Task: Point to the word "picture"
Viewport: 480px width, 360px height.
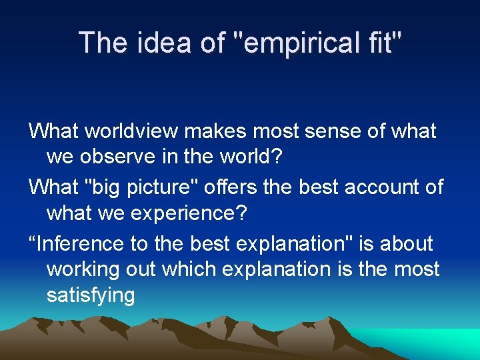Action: [x=167, y=187]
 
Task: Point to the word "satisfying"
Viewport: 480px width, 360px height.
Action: [x=91, y=295]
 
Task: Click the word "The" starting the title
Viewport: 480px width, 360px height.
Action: [x=101, y=43]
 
